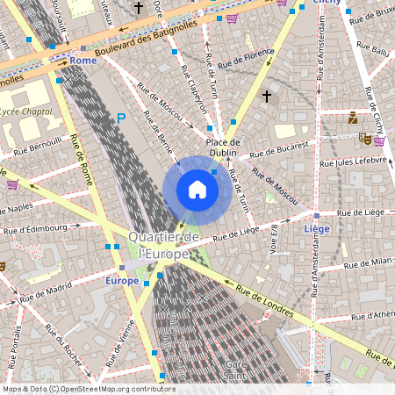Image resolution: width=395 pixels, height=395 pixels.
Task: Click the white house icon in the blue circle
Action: [x=197, y=190]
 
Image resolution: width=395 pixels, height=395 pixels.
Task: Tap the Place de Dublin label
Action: [x=223, y=147]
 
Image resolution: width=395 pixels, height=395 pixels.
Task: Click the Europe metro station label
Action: [x=121, y=280]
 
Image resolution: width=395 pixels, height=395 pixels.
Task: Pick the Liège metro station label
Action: [x=316, y=228]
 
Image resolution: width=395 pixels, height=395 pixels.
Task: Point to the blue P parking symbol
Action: [x=121, y=118]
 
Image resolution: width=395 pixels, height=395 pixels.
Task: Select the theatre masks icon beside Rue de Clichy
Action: [x=363, y=138]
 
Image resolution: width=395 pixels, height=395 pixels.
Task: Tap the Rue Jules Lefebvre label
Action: [x=353, y=162]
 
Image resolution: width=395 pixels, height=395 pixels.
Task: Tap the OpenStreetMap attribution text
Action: [x=88, y=389]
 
